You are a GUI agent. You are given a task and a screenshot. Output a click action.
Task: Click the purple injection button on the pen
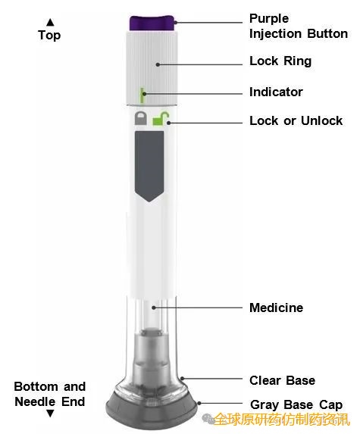point(152,23)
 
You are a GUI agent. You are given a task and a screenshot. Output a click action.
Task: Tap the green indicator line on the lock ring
point(142,95)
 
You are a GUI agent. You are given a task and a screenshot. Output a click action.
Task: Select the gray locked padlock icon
point(141,118)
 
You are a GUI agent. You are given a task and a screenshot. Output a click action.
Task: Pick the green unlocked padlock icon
point(161,118)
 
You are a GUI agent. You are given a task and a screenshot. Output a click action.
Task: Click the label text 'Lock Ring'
point(280,61)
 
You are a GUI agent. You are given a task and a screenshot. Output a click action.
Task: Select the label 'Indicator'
point(276,92)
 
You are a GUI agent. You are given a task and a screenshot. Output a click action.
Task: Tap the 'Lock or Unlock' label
point(296,120)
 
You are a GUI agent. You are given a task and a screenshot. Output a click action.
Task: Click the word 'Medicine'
point(276,308)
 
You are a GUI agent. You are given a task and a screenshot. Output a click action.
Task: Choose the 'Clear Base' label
point(282,380)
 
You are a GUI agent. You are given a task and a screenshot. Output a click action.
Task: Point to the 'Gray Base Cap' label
point(296,405)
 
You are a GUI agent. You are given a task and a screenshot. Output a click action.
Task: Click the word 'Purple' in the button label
point(269,19)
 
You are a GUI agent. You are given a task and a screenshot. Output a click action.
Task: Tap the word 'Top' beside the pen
point(49,36)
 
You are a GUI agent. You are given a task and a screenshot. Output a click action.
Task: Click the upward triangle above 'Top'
point(50,22)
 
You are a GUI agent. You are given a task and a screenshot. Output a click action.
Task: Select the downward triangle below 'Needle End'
point(50,414)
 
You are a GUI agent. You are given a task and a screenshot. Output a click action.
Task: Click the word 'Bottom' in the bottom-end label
point(36,387)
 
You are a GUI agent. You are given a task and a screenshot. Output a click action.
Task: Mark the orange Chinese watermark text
point(282,419)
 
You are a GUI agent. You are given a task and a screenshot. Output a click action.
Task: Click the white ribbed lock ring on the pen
point(152,68)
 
